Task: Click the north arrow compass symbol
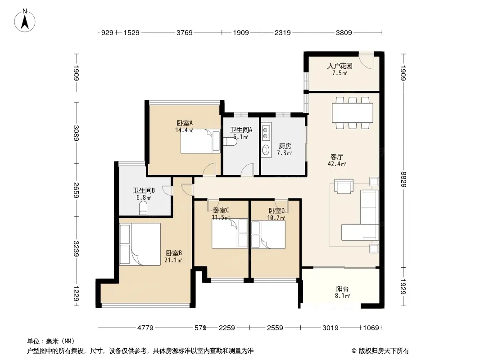click(25, 21)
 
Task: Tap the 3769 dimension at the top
click(184, 32)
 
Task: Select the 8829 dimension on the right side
click(403, 180)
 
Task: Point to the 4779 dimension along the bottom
click(145, 328)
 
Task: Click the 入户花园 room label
click(340, 66)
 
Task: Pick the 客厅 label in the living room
click(336, 157)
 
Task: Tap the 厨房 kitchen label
click(285, 146)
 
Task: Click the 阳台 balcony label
click(342, 289)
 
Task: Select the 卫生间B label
click(144, 190)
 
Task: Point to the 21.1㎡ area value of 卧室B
click(173, 260)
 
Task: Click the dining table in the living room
click(353, 113)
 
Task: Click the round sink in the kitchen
click(266, 150)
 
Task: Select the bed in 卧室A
click(200, 141)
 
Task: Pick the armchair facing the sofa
click(344, 186)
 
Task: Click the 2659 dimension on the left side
click(76, 190)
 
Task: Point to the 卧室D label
click(276, 211)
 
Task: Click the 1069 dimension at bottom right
click(371, 328)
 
